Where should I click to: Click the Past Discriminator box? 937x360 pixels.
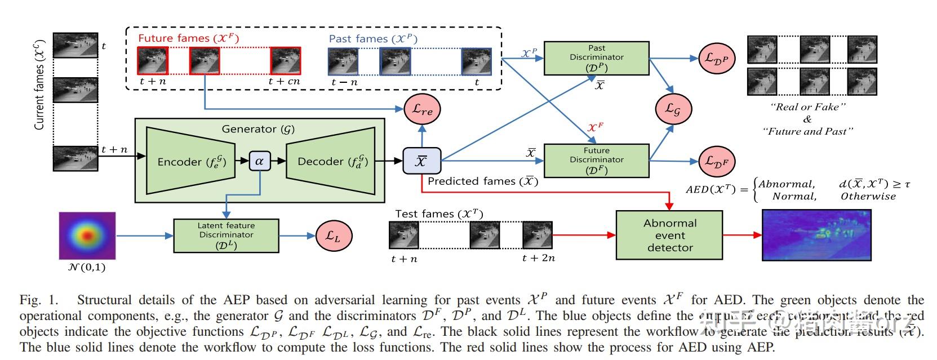coord(596,58)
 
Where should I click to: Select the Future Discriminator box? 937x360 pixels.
coord(596,160)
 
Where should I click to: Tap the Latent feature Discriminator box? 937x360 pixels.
coord(226,235)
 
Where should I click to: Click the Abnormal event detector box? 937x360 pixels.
coord(669,235)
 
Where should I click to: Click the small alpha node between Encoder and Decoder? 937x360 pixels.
coord(259,161)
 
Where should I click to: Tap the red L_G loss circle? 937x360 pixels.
coord(673,109)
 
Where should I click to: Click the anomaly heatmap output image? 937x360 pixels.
coord(816,235)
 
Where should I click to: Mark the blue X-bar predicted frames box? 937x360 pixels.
coord(421,161)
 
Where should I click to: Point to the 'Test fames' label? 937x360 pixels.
coord(439,214)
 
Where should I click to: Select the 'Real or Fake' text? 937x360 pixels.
coord(807,107)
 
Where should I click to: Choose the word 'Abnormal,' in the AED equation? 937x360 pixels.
coord(787,184)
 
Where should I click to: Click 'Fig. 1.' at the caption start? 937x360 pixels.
coord(38,300)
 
